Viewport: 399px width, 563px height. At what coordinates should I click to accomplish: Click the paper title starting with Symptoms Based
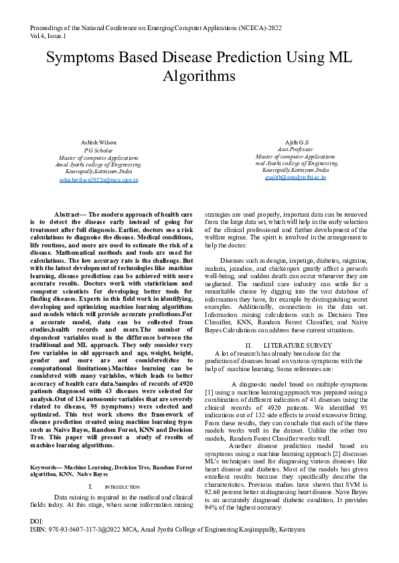[x=199, y=68]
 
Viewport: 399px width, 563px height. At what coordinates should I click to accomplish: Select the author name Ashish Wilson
[x=98, y=142]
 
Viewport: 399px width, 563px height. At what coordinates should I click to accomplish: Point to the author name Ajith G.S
[x=296, y=142]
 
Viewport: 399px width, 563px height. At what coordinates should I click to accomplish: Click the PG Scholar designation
[x=98, y=150]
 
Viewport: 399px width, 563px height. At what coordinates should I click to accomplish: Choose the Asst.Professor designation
[x=296, y=150]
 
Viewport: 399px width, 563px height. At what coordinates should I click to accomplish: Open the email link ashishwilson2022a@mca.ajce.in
[x=98, y=179]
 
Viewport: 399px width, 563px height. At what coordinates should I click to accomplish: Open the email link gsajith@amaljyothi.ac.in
[x=296, y=179]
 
